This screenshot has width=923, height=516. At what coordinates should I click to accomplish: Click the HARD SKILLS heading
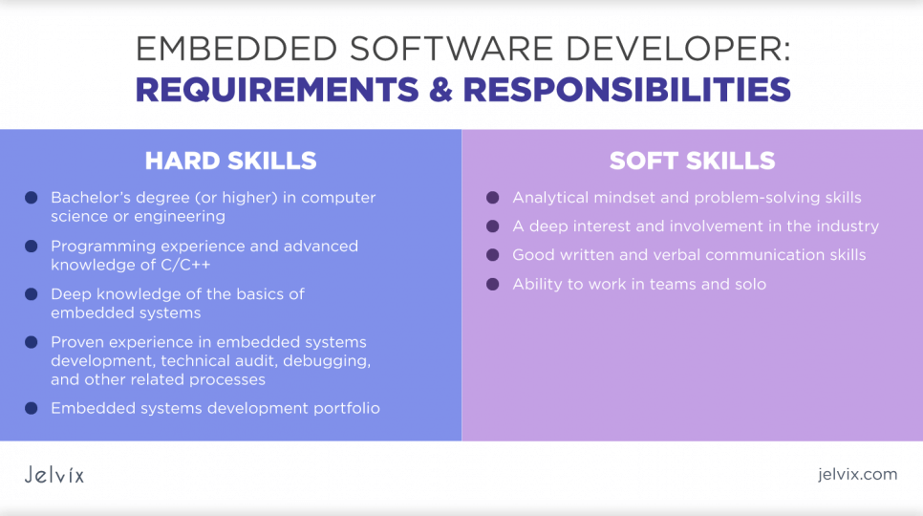(x=231, y=161)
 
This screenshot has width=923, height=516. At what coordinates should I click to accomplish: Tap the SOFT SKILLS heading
(x=692, y=161)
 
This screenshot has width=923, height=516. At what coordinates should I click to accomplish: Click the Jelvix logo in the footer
(x=54, y=475)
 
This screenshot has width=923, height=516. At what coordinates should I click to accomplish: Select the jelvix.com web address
(x=857, y=474)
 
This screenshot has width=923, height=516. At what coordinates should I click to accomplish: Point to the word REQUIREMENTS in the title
(x=277, y=90)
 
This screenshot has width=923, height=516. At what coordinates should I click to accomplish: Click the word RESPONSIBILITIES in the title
(x=627, y=90)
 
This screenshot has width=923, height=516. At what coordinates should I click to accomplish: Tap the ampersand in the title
(x=440, y=90)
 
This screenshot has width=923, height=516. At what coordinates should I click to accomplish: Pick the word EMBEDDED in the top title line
(x=236, y=49)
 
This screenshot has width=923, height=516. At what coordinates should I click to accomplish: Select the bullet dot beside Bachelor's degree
(x=32, y=198)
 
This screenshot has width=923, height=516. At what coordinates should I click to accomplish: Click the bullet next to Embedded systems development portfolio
(x=32, y=408)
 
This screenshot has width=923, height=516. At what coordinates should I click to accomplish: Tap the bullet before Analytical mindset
(x=493, y=198)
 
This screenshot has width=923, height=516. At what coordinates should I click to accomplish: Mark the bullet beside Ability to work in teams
(x=493, y=284)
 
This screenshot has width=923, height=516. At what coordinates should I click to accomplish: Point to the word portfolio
(x=346, y=409)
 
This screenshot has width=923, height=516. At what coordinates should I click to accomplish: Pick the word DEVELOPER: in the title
(x=677, y=49)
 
